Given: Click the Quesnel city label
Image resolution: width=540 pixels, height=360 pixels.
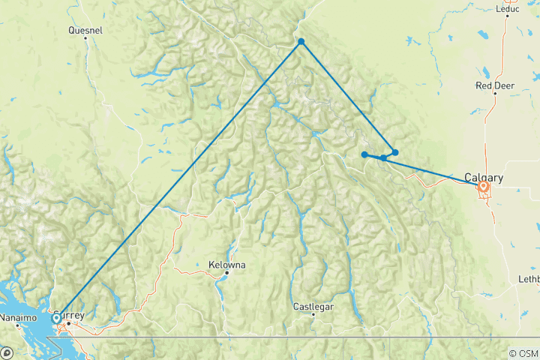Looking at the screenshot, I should click(x=85, y=31).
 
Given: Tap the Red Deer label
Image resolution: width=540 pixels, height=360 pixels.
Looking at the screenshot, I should click(x=494, y=86).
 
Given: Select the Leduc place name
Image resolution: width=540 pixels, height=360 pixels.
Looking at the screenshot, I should click(x=507, y=10).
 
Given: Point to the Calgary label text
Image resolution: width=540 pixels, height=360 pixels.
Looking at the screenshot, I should click(x=483, y=178).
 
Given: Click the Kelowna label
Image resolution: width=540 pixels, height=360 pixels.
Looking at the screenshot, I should click(x=226, y=265).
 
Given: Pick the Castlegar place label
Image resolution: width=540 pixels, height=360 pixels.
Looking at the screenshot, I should click(x=313, y=306).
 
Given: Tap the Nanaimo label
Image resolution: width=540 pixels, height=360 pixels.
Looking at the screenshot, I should click(x=17, y=317).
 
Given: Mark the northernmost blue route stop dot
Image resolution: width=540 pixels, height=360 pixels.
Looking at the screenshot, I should click(x=301, y=42).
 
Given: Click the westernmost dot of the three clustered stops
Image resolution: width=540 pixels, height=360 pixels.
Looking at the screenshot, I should click(x=364, y=154).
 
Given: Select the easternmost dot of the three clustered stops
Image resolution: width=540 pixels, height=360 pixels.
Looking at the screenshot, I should click(x=395, y=152).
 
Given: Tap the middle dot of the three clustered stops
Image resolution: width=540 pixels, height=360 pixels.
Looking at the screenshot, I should click(x=383, y=157).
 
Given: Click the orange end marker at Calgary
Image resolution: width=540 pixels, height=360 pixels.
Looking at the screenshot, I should click(x=484, y=186).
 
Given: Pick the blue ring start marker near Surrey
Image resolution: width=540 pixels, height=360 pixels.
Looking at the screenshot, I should click(x=56, y=318).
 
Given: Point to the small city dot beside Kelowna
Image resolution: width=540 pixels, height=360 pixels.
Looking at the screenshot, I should click(x=226, y=273).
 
